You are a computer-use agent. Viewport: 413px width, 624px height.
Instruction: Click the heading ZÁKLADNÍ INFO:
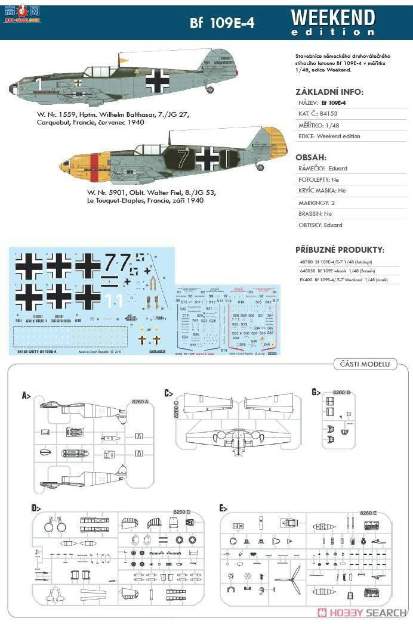coord(329,92)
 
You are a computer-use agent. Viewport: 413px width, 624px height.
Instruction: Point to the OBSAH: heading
coord(311,157)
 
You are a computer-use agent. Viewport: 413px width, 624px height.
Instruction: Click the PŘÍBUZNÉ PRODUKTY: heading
coord(340,249)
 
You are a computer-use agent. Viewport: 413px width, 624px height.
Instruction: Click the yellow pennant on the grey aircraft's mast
coord(124,60)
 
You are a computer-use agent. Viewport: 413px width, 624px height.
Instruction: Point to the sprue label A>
coord(26,395)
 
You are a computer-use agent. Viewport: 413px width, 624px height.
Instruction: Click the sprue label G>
coord(316,392)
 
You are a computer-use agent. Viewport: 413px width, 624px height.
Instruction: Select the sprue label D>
coord(36,508)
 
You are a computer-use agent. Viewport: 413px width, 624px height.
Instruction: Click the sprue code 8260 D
coord(181,512)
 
